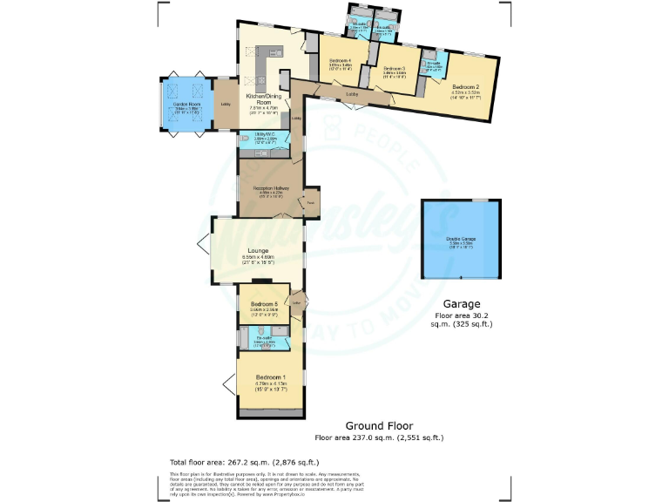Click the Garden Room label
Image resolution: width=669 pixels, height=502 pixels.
tap(187, 104)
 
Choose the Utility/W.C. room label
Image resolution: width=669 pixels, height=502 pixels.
tap(265, 137)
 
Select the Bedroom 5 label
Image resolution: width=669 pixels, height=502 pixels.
tap(264, 303)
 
